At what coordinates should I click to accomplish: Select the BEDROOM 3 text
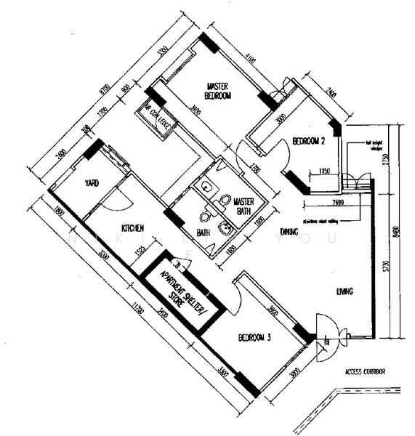[255, 339]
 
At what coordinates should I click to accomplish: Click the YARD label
[92, 183]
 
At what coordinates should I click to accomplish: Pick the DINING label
[289, 232]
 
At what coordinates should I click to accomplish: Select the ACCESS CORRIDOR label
[365, 372]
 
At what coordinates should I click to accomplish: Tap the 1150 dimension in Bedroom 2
[324, 171]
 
